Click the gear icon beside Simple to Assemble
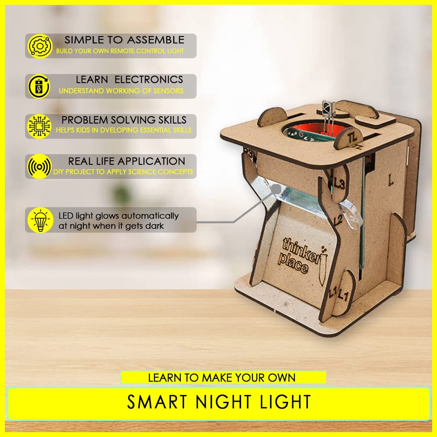point(40,46)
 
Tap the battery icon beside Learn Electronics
point(39,86)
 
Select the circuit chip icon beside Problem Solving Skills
point(39,126)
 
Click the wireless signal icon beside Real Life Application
point(39,166)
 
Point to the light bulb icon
point(40,220)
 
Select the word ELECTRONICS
point(149,80)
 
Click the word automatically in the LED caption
point(150,216)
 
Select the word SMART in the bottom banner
point(157,402)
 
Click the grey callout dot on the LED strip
point(276,189)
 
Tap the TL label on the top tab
point(352,138)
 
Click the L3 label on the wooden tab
point(339,184)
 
